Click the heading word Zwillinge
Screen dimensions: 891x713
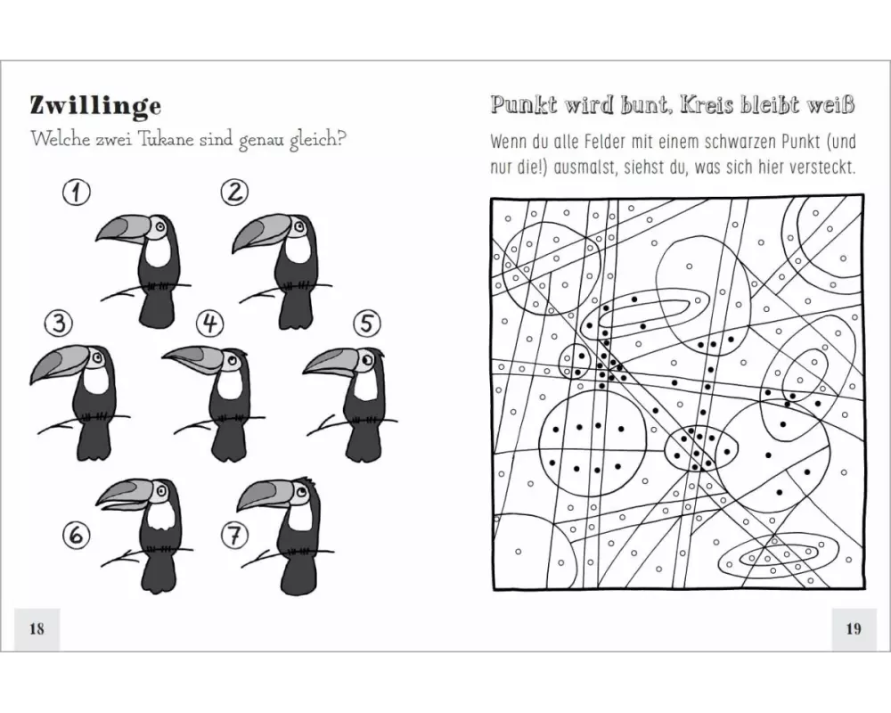95,106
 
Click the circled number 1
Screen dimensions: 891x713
76,193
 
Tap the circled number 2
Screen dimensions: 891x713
234,193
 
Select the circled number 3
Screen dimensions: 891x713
59,324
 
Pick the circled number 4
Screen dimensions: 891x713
210,324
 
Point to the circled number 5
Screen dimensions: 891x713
367,324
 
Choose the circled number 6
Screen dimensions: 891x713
76,535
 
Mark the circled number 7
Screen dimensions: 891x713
234,535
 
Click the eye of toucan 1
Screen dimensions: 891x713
160,226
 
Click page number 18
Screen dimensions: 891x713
37,629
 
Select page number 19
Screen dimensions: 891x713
854,629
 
